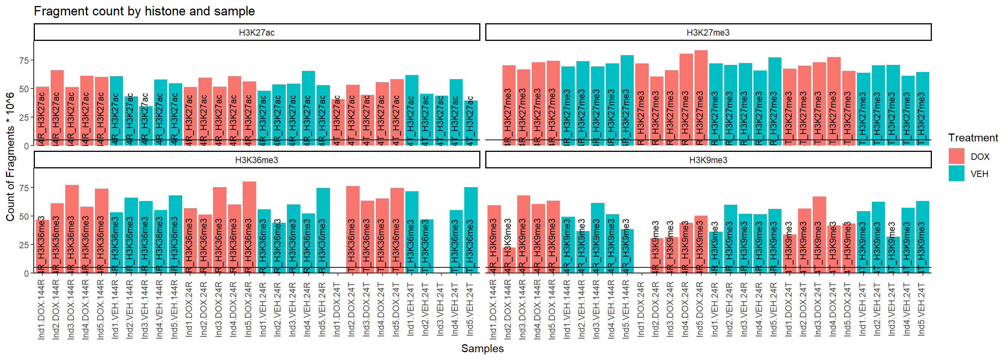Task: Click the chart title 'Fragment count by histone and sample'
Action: click(x=144, y=11)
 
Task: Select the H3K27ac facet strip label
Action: click(x=257, y=33)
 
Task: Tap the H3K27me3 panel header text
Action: click(x=708, y=33)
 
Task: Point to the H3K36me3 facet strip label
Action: click(x=257, y=160)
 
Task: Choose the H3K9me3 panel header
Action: click(x=708, y=160)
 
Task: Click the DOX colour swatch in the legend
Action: click(x=956, y=156)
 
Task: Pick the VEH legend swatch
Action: click(x=956, y=174)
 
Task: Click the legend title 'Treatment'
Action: click(x=973, y=138)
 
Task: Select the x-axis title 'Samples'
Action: click(x=482, y=349)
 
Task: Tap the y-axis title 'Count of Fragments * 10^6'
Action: click(x=10, y=156)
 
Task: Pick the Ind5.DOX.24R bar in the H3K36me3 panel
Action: click(x=249, y=227)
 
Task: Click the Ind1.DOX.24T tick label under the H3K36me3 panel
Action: click(x=337, y=309)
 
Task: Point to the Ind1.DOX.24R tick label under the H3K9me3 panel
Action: click(x=641, y=309)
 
